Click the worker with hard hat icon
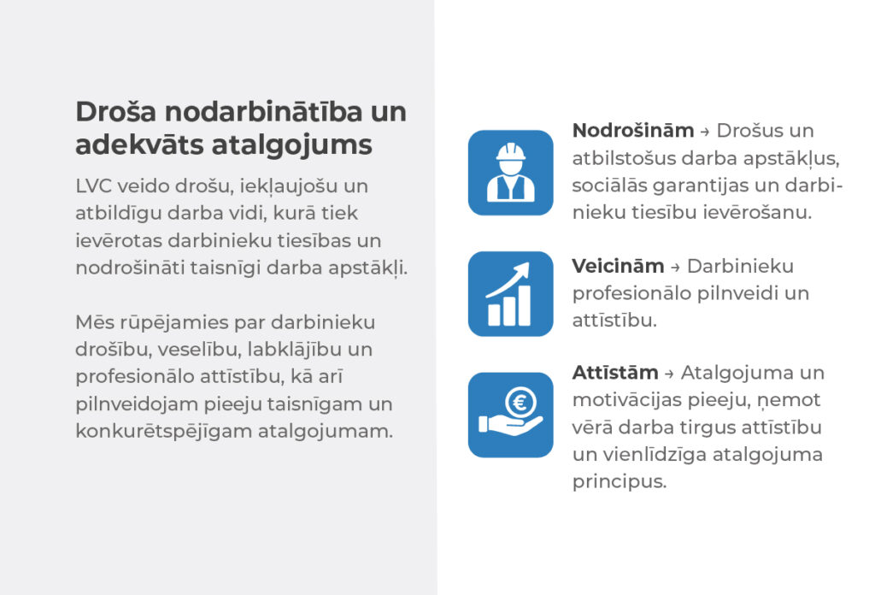511,173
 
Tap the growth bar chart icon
511,293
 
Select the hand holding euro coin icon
511,415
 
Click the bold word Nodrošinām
633,131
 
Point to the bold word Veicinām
618,266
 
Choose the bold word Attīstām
615,372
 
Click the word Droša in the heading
116,112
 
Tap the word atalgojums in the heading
292,145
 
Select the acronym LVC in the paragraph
93,186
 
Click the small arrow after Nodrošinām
705,133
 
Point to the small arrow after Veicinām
675,268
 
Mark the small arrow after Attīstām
670,374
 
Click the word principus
620,481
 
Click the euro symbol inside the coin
520,402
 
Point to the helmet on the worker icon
511,151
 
